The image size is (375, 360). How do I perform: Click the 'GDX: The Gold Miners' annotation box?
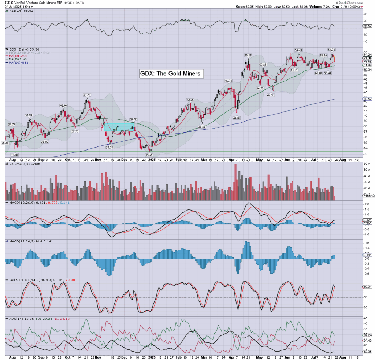click(x=171, y=74)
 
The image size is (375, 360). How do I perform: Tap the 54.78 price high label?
click(x=332, y=49)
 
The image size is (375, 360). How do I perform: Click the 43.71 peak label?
click(x=87, y=95)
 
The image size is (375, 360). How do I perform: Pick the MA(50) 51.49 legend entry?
click(x=18, y=59)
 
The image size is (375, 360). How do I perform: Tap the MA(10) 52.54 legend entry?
click(x=18, y=56)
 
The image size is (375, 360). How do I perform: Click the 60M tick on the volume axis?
click(x=366, y=169)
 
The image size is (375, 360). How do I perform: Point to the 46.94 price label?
click(x=229, y=81)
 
